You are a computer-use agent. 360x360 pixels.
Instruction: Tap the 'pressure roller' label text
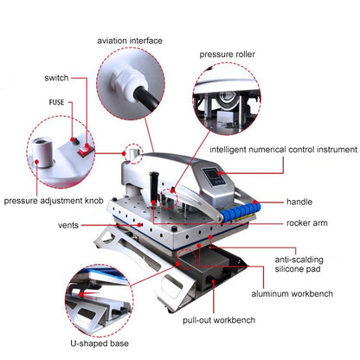228,53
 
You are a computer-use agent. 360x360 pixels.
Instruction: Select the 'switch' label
57,78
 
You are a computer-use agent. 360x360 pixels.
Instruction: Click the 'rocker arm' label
307,222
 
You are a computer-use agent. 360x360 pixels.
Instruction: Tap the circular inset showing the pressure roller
228,101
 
